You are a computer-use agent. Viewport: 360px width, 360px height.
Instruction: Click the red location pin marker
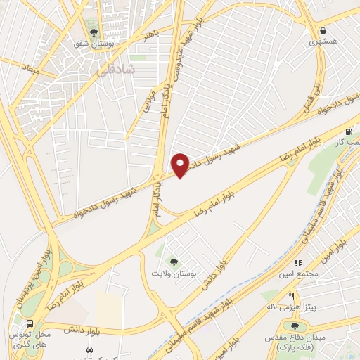(x=181, y=165)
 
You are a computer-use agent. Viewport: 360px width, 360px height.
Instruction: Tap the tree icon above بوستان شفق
(x=94, y=31)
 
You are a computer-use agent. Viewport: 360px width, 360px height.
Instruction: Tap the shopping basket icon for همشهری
(x=323, y=30)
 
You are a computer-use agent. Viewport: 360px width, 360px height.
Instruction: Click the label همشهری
(x=323, y=42)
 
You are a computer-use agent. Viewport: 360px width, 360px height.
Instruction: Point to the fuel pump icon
(x=349, y=131)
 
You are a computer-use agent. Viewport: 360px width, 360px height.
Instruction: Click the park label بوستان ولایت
(x=172, y=272)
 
